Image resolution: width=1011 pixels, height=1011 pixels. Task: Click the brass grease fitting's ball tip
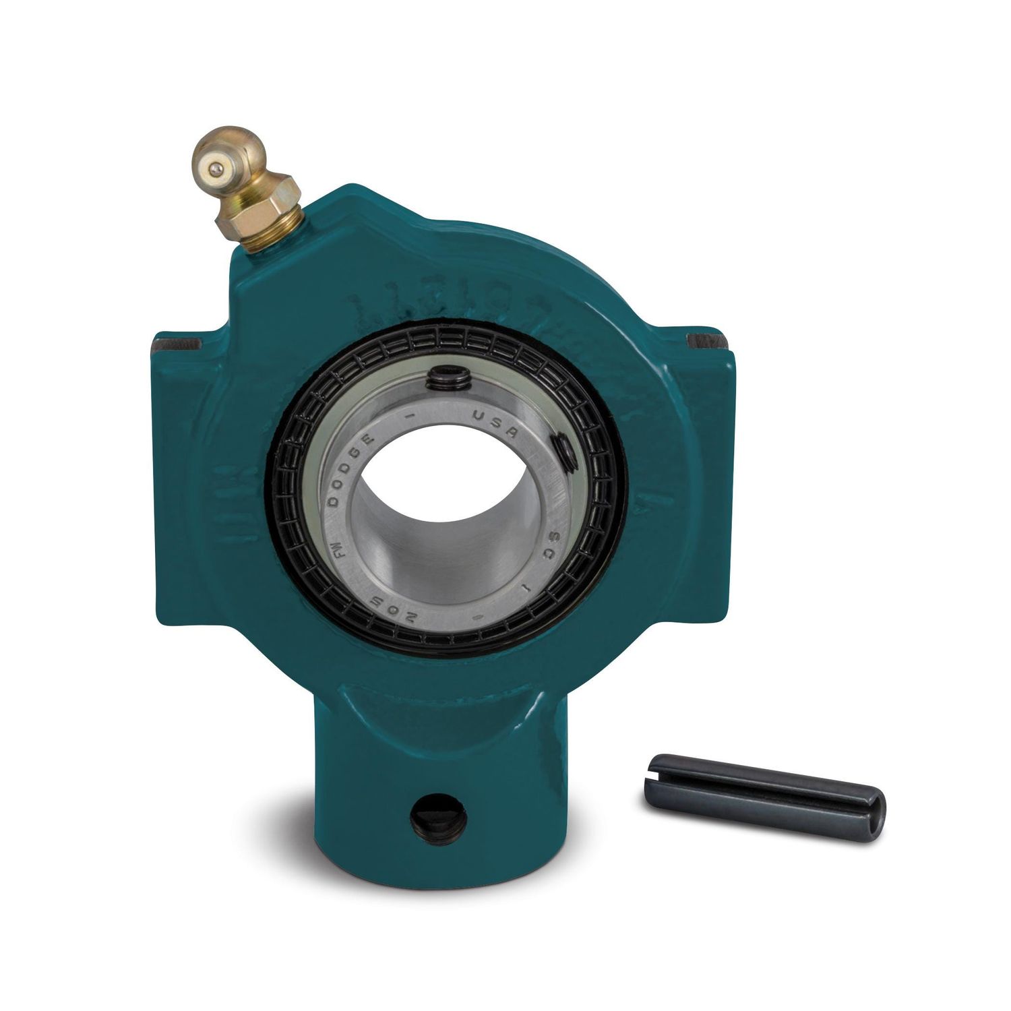(x=214, y=168)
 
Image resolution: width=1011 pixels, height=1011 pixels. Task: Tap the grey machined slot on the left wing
(x=177, y=345)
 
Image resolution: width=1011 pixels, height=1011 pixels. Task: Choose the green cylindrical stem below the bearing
(x=431, y=775)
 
